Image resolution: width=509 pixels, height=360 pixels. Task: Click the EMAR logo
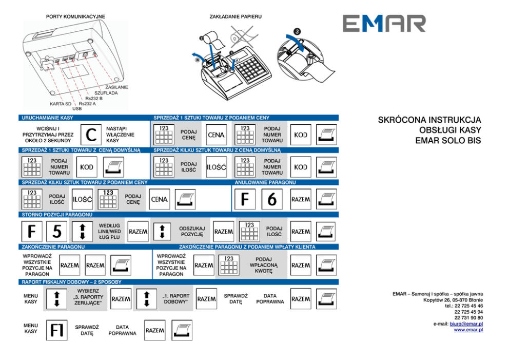[x=384, y=24]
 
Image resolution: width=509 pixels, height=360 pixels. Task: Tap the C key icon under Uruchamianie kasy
[x=90, y=135]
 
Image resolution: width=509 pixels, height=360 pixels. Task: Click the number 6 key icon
[x=271, y=199]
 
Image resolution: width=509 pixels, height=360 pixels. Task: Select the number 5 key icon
[x=56, y=232]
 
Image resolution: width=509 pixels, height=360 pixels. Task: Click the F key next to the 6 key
[x=245, y=199]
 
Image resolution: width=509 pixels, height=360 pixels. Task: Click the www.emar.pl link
[x=468, y=330]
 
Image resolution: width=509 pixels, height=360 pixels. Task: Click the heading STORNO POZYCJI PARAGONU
[x=57, y=214]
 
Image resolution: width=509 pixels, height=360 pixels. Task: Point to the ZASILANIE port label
[x=116, y=87]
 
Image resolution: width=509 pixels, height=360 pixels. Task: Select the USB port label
[x=77, y=109]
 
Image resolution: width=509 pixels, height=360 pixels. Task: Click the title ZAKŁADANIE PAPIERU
[x=236, y=17]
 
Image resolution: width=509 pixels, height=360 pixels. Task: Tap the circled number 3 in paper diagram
[x=297, y=31]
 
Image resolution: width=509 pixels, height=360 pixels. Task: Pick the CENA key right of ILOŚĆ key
[x=159, y=199]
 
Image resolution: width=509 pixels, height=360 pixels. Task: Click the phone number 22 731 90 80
[x=468, y=318]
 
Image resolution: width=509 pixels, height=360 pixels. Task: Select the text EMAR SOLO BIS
[x=448, y=140]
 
